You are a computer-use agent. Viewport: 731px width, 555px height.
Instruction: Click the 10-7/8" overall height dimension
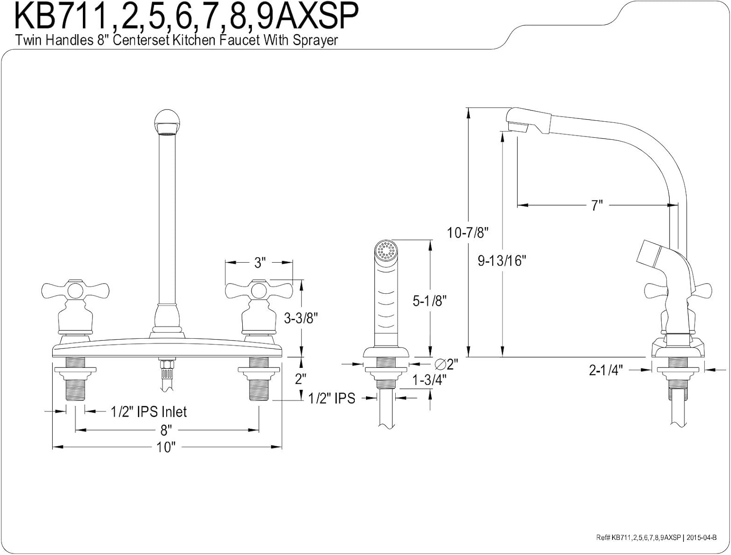click(x=468, y=233)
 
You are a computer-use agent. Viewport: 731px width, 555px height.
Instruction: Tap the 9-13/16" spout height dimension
click(x=502, y=261)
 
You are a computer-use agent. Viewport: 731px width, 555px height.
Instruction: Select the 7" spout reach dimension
click(x=597, y=206)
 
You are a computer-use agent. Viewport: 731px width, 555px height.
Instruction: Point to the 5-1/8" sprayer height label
click(x=430, y=301)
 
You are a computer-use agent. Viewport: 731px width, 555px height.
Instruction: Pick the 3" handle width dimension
click(x=259, y=263)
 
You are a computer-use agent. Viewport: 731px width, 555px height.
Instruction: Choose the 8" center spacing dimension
click(x=167, y=430)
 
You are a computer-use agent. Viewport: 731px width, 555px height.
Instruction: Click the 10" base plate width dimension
click(x=166, y=447)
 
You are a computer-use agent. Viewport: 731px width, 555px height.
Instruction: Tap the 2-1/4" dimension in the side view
click(x=606, y=370)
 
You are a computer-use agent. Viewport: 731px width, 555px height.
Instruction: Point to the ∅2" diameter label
click(x=445, y=364)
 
